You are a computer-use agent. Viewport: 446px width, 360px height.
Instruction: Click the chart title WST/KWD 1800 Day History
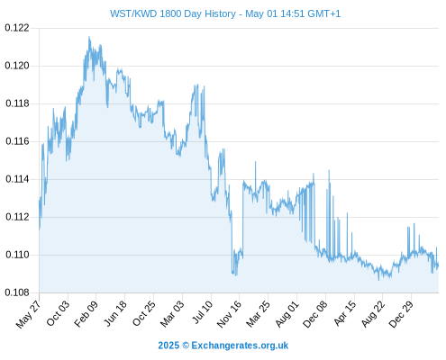[x=173, y=13]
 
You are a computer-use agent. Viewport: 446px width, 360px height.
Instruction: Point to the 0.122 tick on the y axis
[x=17, y=28]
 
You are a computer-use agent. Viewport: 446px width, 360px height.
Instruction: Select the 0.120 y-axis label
[x=17, y=66]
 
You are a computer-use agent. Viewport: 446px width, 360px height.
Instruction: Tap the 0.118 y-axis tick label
[x=17, y=103]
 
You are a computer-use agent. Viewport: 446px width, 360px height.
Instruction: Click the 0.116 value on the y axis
[x=17, y=141]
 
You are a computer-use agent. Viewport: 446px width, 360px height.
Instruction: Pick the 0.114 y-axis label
[x=17, y=179]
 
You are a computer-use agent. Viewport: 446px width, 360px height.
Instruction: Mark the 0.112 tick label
[x=17, y=217]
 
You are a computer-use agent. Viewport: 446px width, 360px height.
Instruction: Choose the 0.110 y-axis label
[x=17, y=255]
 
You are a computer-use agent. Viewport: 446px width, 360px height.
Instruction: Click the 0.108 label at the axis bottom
[x=17, y=292]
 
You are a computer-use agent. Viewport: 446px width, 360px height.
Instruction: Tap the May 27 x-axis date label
[x=28, y=314]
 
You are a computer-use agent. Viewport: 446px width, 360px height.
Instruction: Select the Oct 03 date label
[x=58, y=313]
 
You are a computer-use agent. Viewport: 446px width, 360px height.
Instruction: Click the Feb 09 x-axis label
[x=86, y=313]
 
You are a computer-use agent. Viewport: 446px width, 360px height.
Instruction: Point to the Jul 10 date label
[x=202, y=312]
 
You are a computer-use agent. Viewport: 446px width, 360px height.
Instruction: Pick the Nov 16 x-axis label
[x=229, y=314]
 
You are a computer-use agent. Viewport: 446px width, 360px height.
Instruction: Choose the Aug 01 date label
[x=287, y=313]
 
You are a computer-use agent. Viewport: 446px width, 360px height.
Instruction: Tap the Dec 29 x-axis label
[x=401, y=314]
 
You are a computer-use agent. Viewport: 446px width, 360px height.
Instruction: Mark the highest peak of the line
[x=89, y=37]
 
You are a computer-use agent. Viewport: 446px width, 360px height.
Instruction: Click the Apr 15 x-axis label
[x=344, y=313]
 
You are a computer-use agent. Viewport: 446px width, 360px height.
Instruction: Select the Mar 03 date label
[x=171, y=313]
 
